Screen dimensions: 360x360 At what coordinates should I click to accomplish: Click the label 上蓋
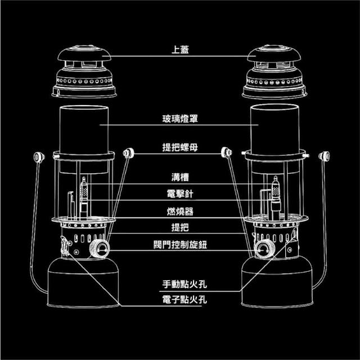180,49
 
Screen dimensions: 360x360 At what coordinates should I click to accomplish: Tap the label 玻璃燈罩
180,119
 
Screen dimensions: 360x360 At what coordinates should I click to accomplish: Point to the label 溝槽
180,178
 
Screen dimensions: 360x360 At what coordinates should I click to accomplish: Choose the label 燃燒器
180,211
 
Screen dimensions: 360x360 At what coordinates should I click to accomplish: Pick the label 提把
180,228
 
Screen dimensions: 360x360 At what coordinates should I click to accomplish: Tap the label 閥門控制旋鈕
180,245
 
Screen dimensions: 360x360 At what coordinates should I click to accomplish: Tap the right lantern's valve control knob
262,248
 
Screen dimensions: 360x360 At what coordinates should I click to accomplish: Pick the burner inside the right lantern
276,194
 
